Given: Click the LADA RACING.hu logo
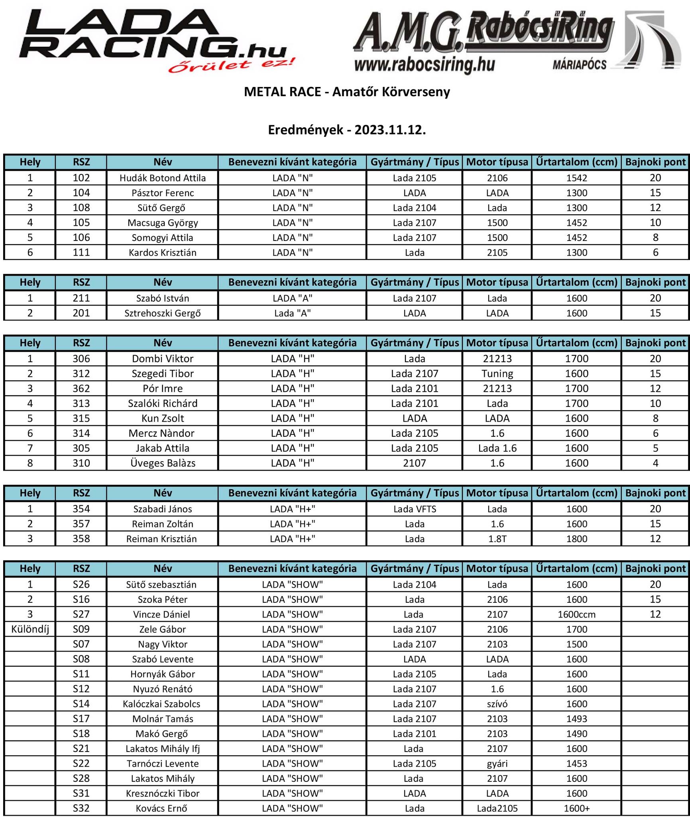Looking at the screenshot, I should point(155,40).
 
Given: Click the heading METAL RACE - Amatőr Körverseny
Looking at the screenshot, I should point(347,92).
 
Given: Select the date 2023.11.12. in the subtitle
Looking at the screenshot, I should point(390,130).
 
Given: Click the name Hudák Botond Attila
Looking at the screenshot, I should point(163,178).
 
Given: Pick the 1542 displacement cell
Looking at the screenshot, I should point(576,178).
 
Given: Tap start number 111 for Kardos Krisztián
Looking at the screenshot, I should point(81,253).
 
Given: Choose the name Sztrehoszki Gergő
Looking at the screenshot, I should point(163,313).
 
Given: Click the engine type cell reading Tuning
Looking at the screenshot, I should point(497,374).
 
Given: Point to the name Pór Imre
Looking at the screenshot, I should point(163,389).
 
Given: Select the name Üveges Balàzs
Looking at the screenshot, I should point(163,463).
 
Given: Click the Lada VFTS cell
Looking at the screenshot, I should point(415,509).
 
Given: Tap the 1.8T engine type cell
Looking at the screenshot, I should point(497,539).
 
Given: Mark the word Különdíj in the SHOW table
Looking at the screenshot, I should point(30,630).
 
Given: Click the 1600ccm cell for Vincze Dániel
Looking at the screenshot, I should point(576,614).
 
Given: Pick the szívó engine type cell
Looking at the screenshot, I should point(497,704).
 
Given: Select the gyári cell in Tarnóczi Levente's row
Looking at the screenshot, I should point(497,764).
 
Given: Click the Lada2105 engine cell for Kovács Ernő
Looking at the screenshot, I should point(497,808).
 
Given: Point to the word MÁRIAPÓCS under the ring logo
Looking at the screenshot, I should point(579,65).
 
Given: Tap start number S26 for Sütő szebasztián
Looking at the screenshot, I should point(81,584).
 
